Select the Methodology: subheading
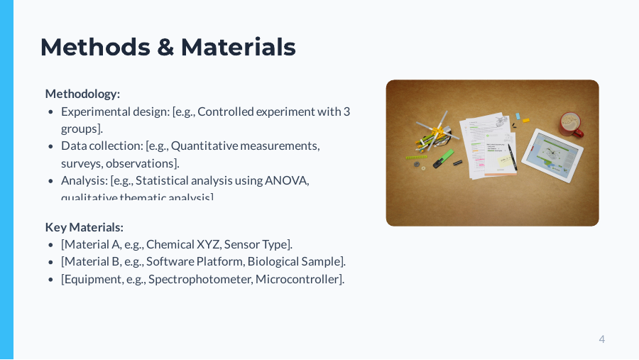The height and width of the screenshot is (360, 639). click(x=82, y=94)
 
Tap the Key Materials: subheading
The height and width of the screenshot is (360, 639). click(x=84, y=227)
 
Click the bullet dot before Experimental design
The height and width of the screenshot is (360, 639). click(x=50, y=112)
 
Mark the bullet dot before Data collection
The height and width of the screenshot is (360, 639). click(x=50, y=146)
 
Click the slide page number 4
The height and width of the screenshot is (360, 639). click(x=602, y=339)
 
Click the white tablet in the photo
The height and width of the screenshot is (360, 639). click(x=552, y=154)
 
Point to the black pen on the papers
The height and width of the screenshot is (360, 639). click(x=511, y=156)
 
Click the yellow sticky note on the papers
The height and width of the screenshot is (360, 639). click(x=506, y=161)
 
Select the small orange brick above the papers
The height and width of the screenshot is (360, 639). click(x=526, y=120)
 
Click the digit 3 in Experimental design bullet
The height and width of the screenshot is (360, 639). click(x=346, y=111)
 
